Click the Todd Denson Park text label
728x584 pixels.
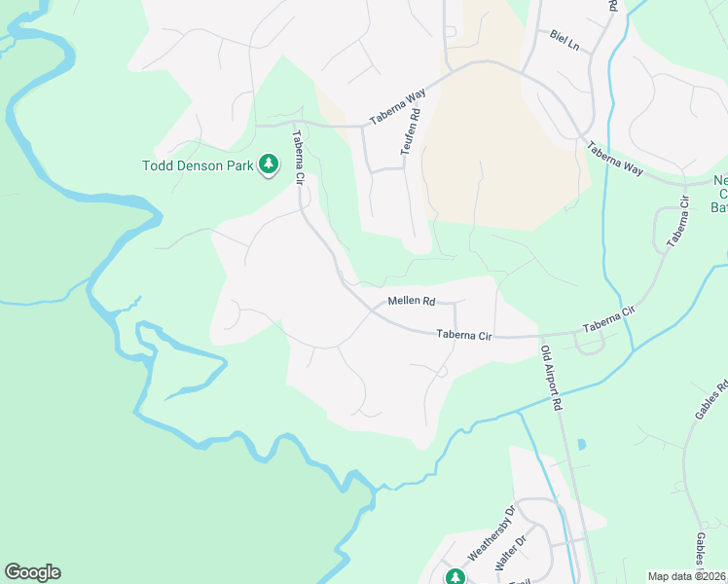[x=199, y=165]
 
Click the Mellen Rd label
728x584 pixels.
[x=411, y=302]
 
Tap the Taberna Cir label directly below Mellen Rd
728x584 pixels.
[x=465, y=335]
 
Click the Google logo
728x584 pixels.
[x=32, y=572]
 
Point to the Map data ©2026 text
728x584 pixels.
[x=687, y=576]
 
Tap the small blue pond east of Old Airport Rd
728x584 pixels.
[x=581, y=445]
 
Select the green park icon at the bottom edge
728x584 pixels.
[x=455, y=577]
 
